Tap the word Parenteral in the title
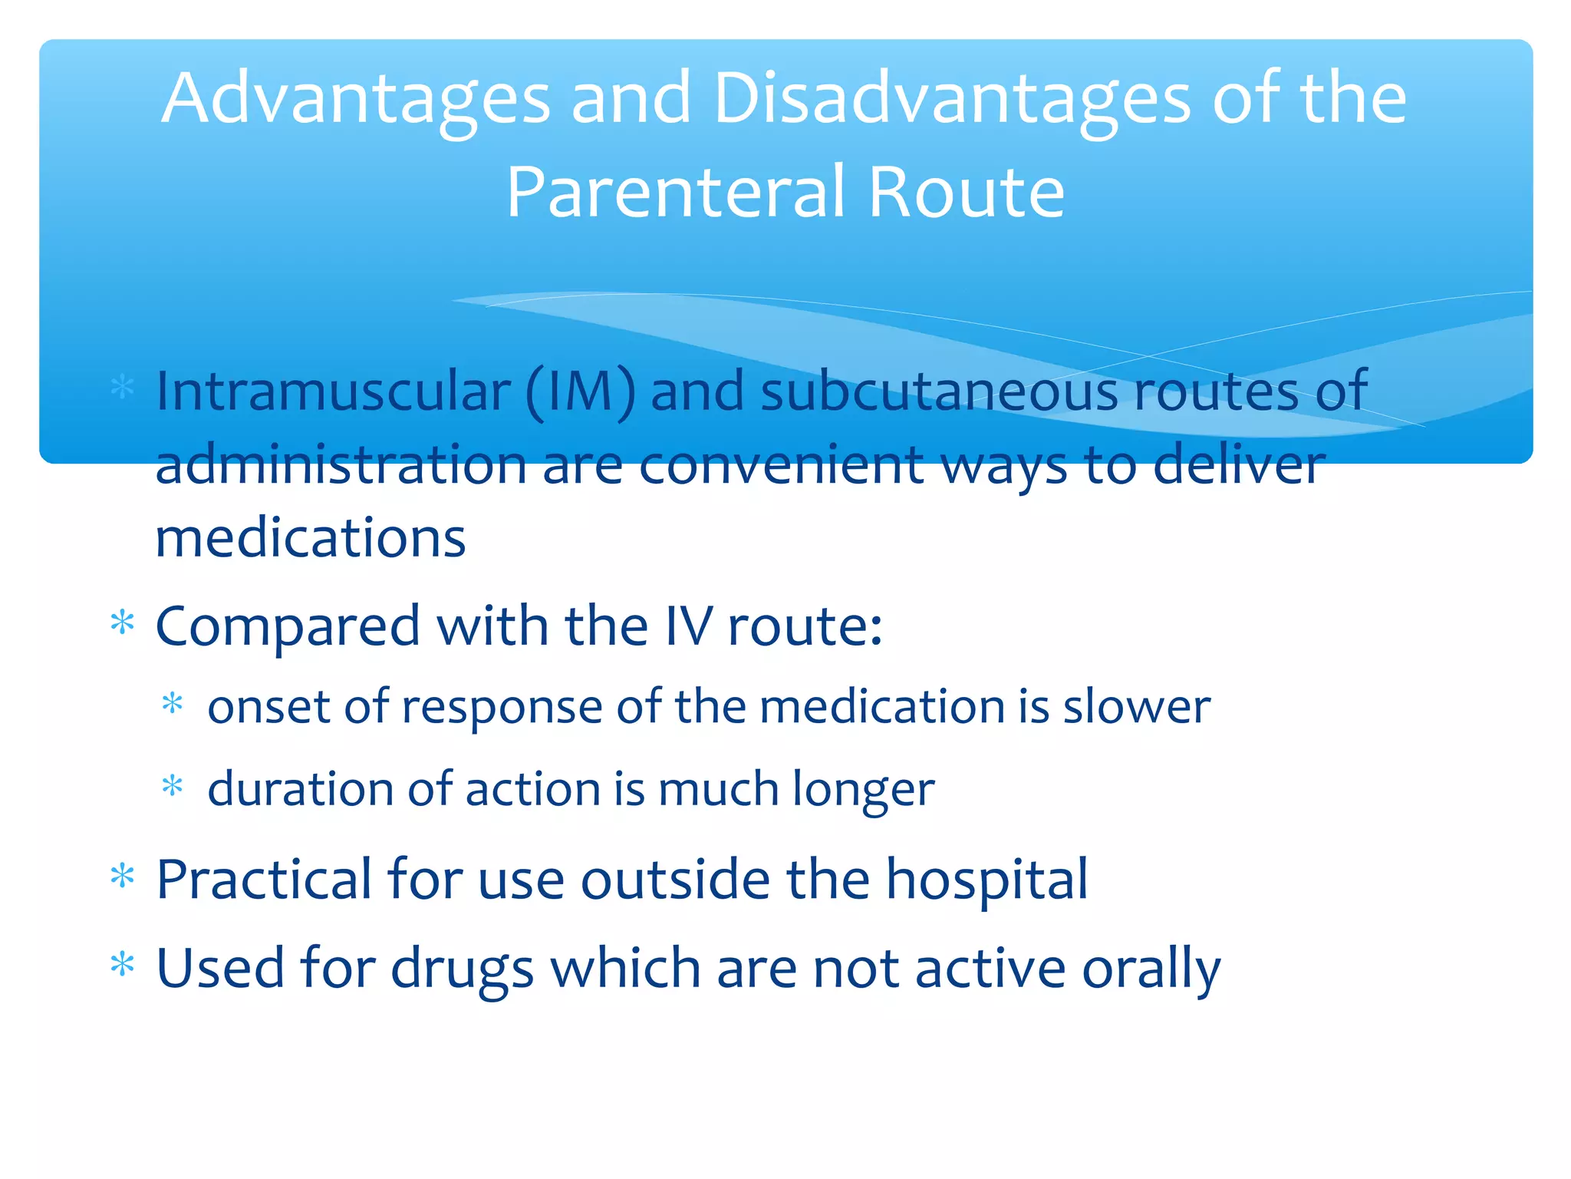point(676,192)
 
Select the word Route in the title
point(966,192)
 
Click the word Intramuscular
point(333,391)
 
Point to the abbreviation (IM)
point(580,392)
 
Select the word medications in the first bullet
point(310,537)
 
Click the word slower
point(1136,706)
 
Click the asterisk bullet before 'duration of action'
point(173,786)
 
